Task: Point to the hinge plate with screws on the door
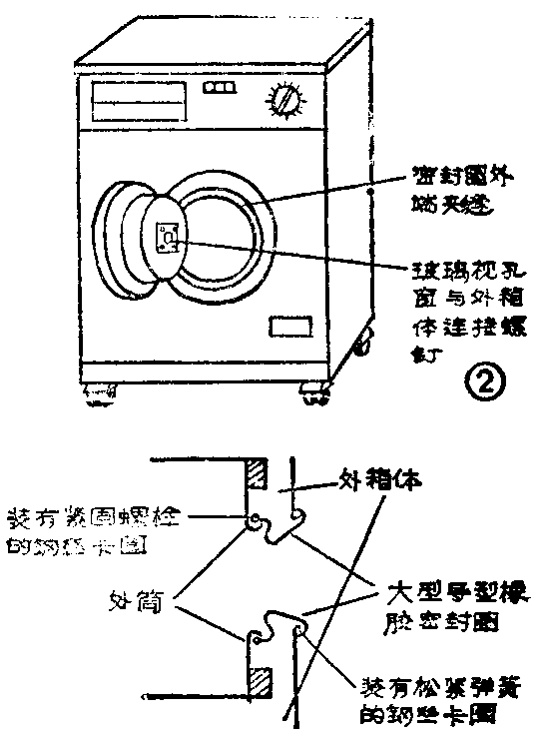click(169, 236)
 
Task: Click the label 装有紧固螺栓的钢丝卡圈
click(95, 530)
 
